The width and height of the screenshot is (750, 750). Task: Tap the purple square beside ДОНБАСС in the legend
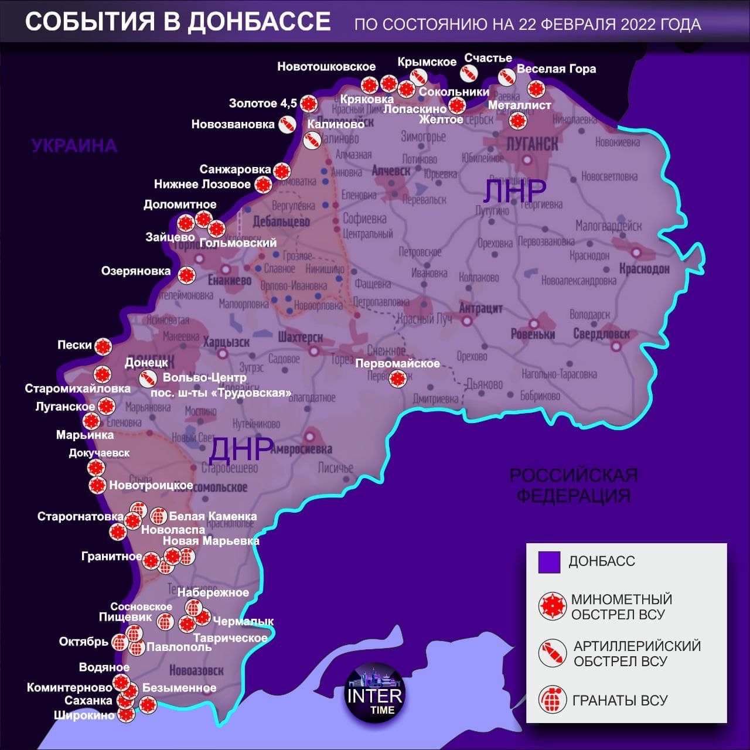550,562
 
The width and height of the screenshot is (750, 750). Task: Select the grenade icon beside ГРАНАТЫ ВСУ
552,700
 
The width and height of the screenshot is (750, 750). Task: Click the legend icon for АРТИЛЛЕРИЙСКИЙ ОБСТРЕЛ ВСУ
552,653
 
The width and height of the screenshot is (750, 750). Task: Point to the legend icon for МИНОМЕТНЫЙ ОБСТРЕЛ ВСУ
552,606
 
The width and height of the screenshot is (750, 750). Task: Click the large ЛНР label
515,190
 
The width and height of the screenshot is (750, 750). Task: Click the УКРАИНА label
74,145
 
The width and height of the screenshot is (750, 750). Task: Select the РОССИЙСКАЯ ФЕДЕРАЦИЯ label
573,485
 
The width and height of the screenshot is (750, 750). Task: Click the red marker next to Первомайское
398,379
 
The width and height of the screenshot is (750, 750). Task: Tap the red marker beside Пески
103,346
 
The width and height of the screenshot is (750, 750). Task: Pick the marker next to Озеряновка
186,274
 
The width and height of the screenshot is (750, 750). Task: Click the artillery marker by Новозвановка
287,124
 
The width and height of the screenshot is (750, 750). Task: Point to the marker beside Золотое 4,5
309,104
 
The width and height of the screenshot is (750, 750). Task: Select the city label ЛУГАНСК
532,143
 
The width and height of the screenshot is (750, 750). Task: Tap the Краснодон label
644,268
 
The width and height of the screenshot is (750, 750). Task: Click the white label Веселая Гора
556,69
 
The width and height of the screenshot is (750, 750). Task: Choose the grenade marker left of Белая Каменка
158,516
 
